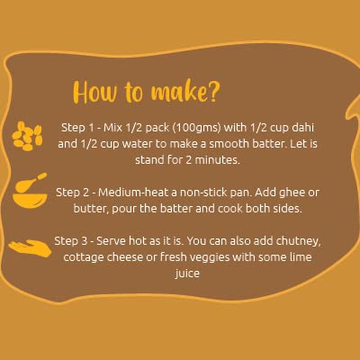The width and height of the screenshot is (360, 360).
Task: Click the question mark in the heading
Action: pyautogui.click(x=213, y=91)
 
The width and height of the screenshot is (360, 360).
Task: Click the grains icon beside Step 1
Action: pyautogui.click(x=27, y=136)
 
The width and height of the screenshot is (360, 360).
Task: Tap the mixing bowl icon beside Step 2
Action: pyautogui.click(x=30, y=191)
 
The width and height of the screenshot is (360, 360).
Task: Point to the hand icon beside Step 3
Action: pyautogui.click(x=30, y=248)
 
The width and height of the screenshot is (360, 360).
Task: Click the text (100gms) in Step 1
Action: pyautogui.click(x=196, y=128)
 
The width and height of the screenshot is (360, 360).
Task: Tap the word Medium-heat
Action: pyautogui.click(x=133, y=193)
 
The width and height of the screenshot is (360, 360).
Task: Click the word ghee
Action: pyautogui.click(x=292, y=193)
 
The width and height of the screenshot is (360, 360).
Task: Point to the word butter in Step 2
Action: pyautogui.click(x=91, y=209)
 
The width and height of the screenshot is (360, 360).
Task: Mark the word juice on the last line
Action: pyautogui.click(x=187, y=274)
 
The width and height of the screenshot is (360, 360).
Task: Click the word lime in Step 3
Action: pyautogui.click(x=301, y=257)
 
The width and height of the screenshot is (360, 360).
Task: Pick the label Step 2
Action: pyautogui.click(x=72, y=193)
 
